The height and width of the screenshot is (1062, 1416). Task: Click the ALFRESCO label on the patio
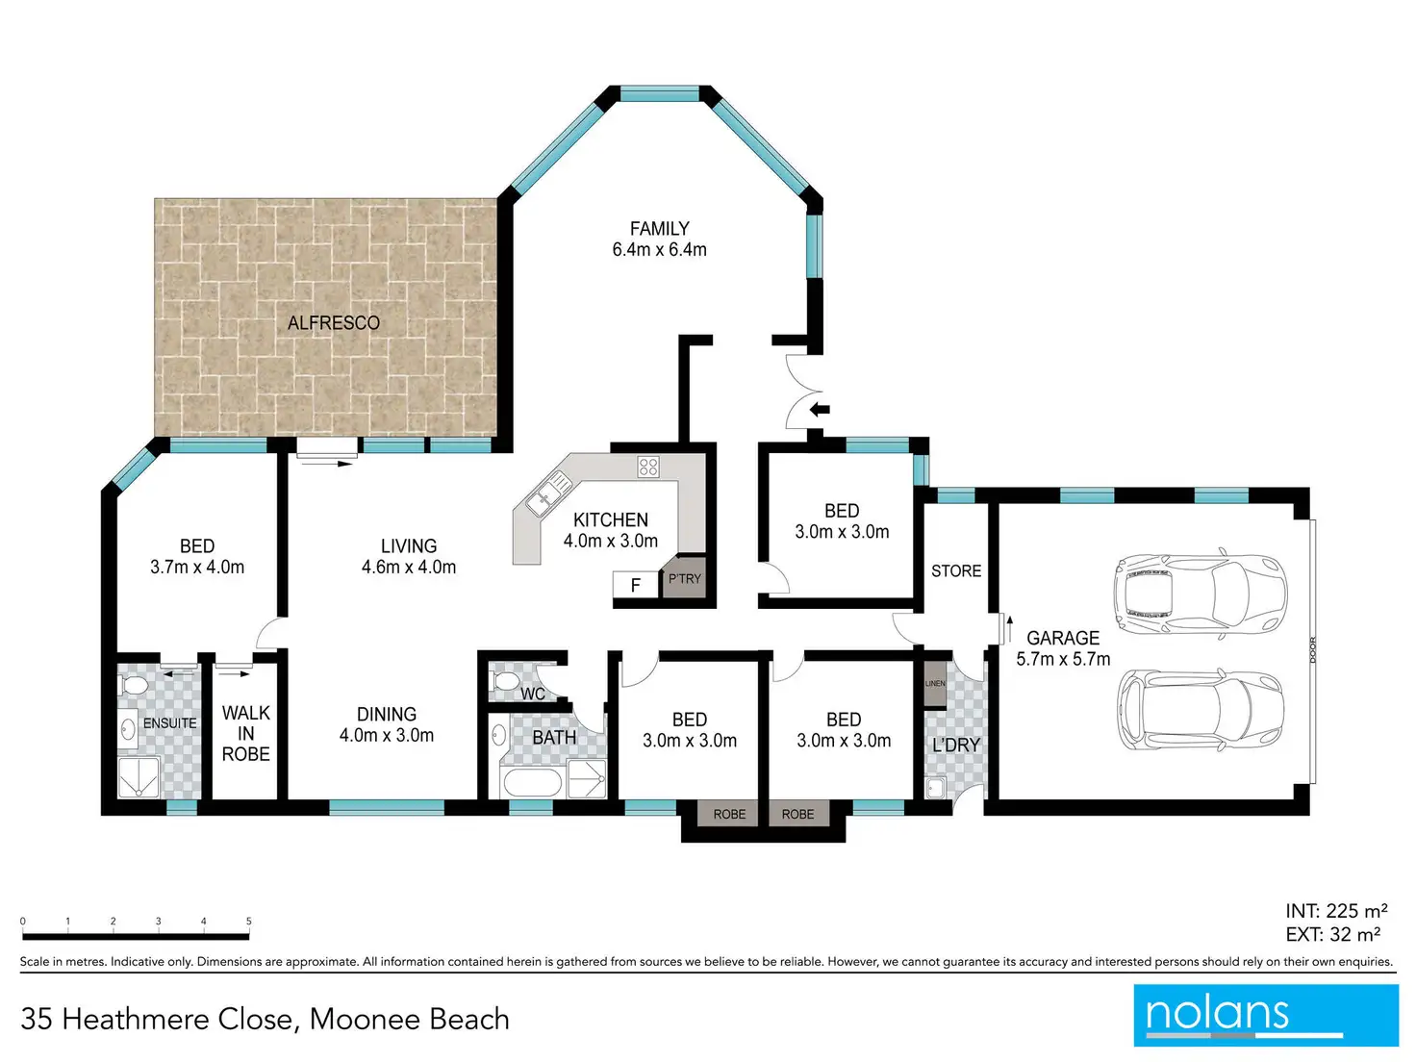coord(334,323)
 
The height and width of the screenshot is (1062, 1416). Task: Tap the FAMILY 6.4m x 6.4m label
coord(659,240)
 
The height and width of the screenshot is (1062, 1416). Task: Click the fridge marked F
coord(636,584)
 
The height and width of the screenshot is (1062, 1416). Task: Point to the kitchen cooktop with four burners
coord(647,467)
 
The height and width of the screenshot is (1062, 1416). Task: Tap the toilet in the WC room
coord(504,681)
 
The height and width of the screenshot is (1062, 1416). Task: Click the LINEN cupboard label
coord(935,684)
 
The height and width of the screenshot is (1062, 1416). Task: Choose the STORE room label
coord(956,570)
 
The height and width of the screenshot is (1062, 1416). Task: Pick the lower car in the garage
coord(1201,709)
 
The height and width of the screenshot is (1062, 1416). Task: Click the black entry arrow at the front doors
coord(820,409)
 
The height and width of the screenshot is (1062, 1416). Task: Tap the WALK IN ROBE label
coord(246,733)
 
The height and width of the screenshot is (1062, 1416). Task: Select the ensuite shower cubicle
coord(139,777)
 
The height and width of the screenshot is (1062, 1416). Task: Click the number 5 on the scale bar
coord(249,921)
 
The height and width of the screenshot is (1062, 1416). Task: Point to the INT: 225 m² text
coord(1336,910)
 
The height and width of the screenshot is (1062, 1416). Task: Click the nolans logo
coord(1266,1015)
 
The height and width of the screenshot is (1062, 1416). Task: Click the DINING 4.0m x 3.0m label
coord(387,724)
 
